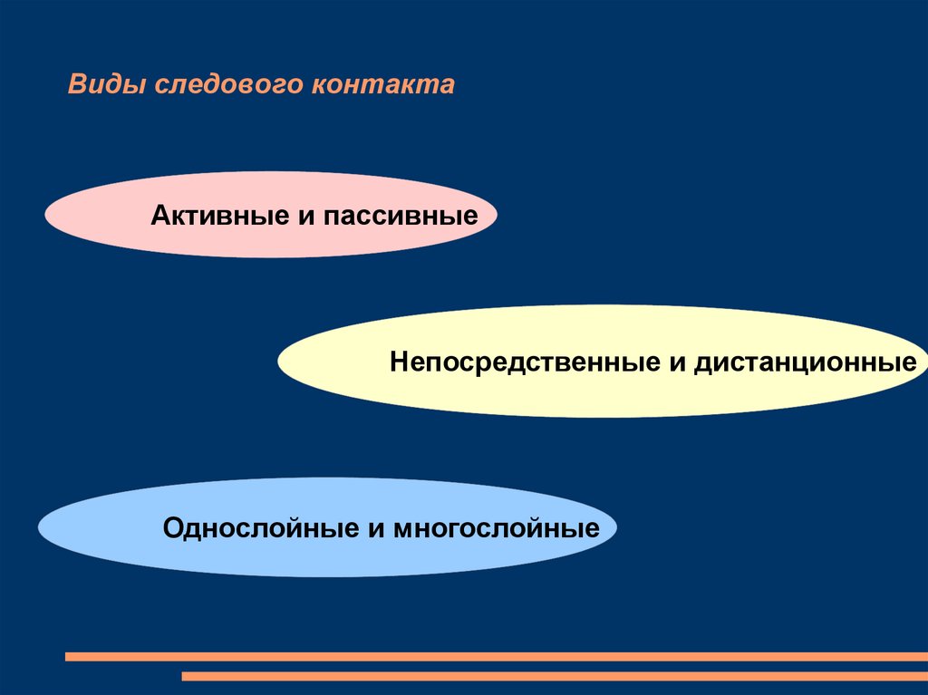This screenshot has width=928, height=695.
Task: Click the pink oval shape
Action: click(x=100, y=215)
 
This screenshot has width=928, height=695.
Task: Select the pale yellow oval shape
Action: click(x=335, y=362)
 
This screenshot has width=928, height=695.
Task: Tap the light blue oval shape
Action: click(x=100, y=527)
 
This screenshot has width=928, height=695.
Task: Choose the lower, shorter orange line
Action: click(x=554, y=676)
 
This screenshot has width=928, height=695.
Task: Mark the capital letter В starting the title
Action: click(x=76, y=85)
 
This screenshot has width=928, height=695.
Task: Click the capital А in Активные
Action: click(x=159, y=217)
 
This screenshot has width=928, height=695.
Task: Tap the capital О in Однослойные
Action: click(x=172, y=528)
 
